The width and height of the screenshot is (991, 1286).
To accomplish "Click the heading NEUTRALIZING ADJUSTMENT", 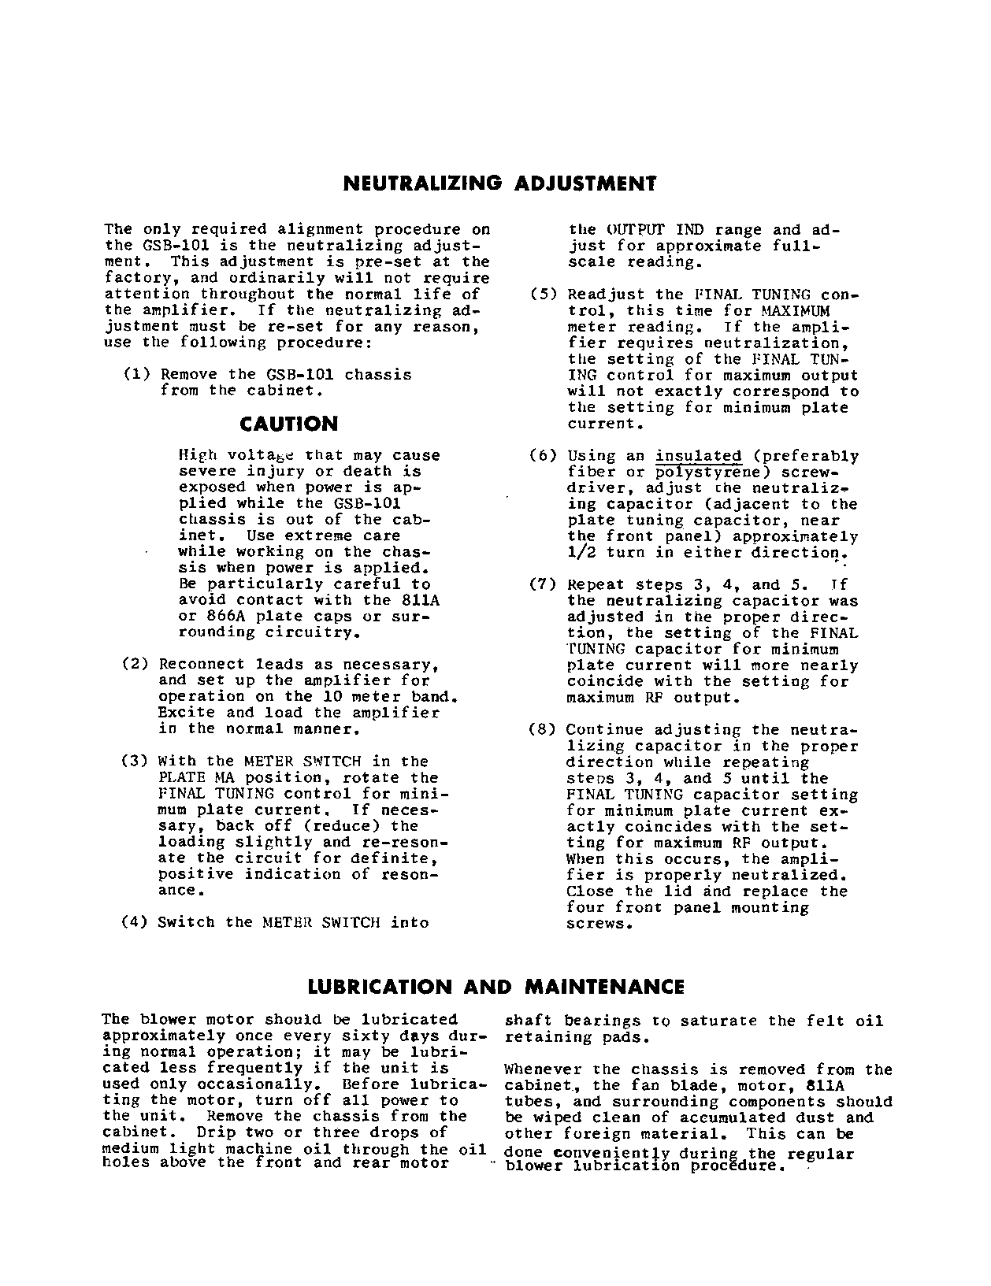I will click(499, 184).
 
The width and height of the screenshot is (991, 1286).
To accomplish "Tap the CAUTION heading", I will click(288, 424).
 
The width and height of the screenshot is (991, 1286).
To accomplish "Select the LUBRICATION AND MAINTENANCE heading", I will click(496, 987).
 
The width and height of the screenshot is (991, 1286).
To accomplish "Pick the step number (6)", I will click(543, 456).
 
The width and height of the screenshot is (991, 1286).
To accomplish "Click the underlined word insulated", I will click(699, 456).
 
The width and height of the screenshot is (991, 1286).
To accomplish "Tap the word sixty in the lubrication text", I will click(373, 1036).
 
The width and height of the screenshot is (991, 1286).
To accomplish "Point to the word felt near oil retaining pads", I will click(826, 1021).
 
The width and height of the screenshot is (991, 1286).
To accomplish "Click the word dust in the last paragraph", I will click(819, 1117).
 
